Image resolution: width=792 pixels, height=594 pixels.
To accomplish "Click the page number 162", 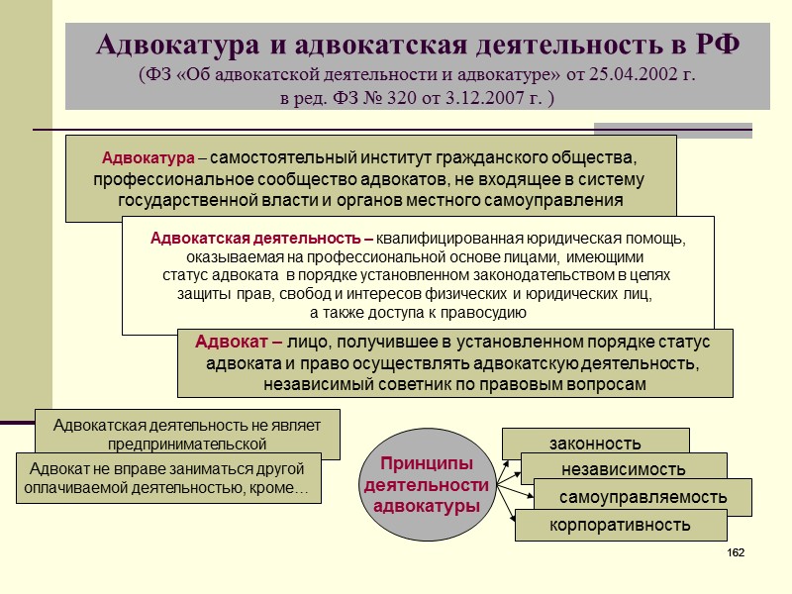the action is tap(735, 551).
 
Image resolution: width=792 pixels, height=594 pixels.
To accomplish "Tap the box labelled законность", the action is tap(595, 443).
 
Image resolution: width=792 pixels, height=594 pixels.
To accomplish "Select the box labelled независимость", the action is tap(623, 468).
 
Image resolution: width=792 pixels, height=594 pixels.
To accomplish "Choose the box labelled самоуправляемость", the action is tap(643, 496).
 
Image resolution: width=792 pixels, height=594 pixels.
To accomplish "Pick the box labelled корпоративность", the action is tap(620, 525).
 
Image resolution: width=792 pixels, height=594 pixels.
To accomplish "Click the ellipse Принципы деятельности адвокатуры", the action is tap(427, 484).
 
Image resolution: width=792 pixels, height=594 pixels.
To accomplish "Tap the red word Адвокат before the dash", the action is tap(232, 342).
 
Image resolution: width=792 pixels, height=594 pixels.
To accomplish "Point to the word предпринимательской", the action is tap(187, 445).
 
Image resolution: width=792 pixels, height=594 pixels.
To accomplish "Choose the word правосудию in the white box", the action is tap(476, 313).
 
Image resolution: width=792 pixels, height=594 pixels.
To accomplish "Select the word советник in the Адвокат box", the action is tap(418, 384).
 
